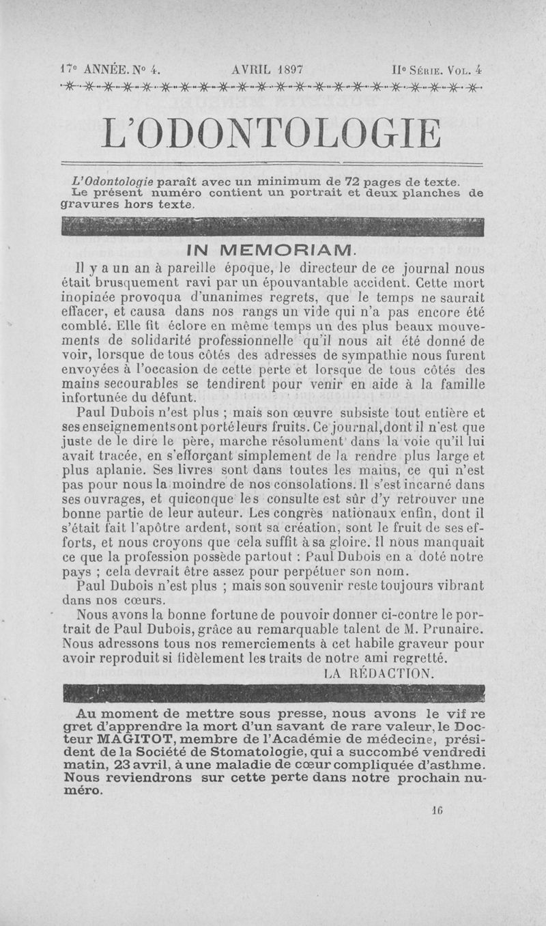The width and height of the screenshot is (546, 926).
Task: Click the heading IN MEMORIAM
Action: tap(271, 247)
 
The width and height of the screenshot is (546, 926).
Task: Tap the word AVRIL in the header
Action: tap(250, 69)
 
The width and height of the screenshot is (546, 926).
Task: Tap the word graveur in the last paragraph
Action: tap(425, 644)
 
